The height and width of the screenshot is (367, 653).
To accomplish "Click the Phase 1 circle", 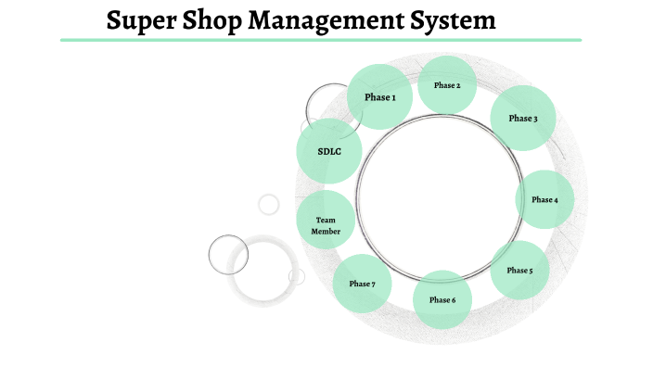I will click(x=379, y=96).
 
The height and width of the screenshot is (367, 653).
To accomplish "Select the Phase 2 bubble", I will click(x=446, y=85).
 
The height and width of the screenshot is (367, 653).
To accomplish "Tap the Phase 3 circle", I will click(x=522, y=118).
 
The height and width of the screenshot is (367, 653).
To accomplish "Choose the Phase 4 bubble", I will click(x=544, y=199).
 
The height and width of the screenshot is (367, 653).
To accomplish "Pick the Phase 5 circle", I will click(x=519, y=270).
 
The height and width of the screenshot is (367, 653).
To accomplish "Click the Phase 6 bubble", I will click(x=442, y=299).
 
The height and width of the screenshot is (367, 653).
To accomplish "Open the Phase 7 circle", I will click(x=362, y=283).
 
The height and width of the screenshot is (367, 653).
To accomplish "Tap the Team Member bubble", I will click(x=326, y=225).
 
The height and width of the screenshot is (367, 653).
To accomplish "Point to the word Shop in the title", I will click(x=210, y=19).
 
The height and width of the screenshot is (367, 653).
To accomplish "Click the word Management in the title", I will click(x=326, y=19).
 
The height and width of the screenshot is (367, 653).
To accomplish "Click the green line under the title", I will click(x=321, y=40).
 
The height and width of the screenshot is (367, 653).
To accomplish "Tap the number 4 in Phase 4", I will click(x=556, y=199).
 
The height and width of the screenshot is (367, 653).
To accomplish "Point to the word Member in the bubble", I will click(x=326, y=232).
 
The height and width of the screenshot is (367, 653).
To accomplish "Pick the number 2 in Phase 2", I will click(x=457, y=85).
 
